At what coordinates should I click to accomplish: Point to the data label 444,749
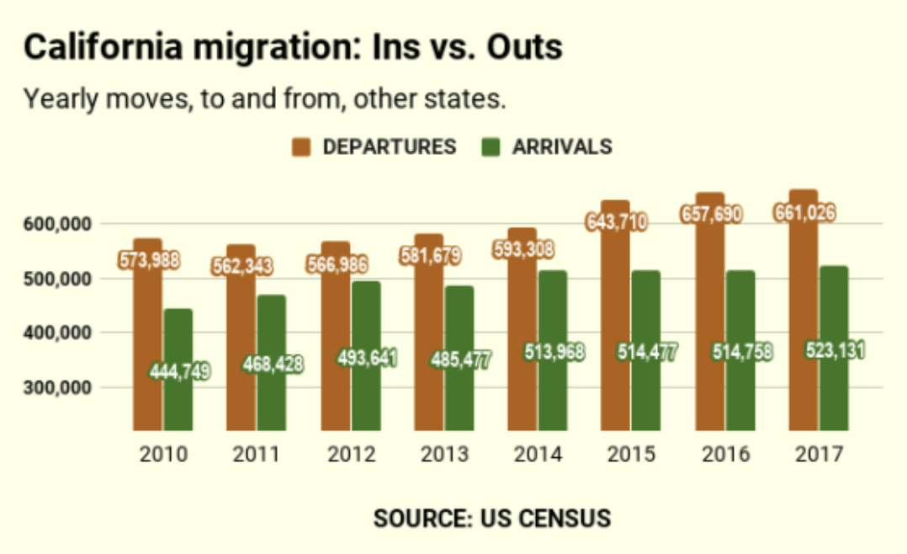tap(179, 370)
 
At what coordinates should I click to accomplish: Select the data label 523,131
tap(835, 349)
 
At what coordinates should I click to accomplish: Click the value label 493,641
tap(367, 358)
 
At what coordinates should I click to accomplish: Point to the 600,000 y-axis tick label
tap(58, 224)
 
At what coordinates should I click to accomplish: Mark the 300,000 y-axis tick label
tap(58, 388)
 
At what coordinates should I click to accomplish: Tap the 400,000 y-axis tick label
tap(58, 333)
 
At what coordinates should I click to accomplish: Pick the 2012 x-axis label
tap(351, 455)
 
